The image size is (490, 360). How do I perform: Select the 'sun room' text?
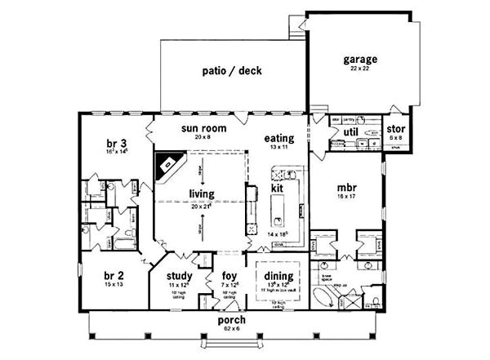coord(204,128)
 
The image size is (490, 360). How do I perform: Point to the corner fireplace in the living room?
coord(169,167)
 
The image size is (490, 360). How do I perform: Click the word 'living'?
coord(202,194)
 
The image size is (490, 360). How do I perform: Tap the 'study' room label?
coord(179,276)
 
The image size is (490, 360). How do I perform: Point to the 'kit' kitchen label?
coord(278,188)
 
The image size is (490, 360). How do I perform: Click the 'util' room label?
coord(351,130)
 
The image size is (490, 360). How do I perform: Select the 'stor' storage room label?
coord(395,130)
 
